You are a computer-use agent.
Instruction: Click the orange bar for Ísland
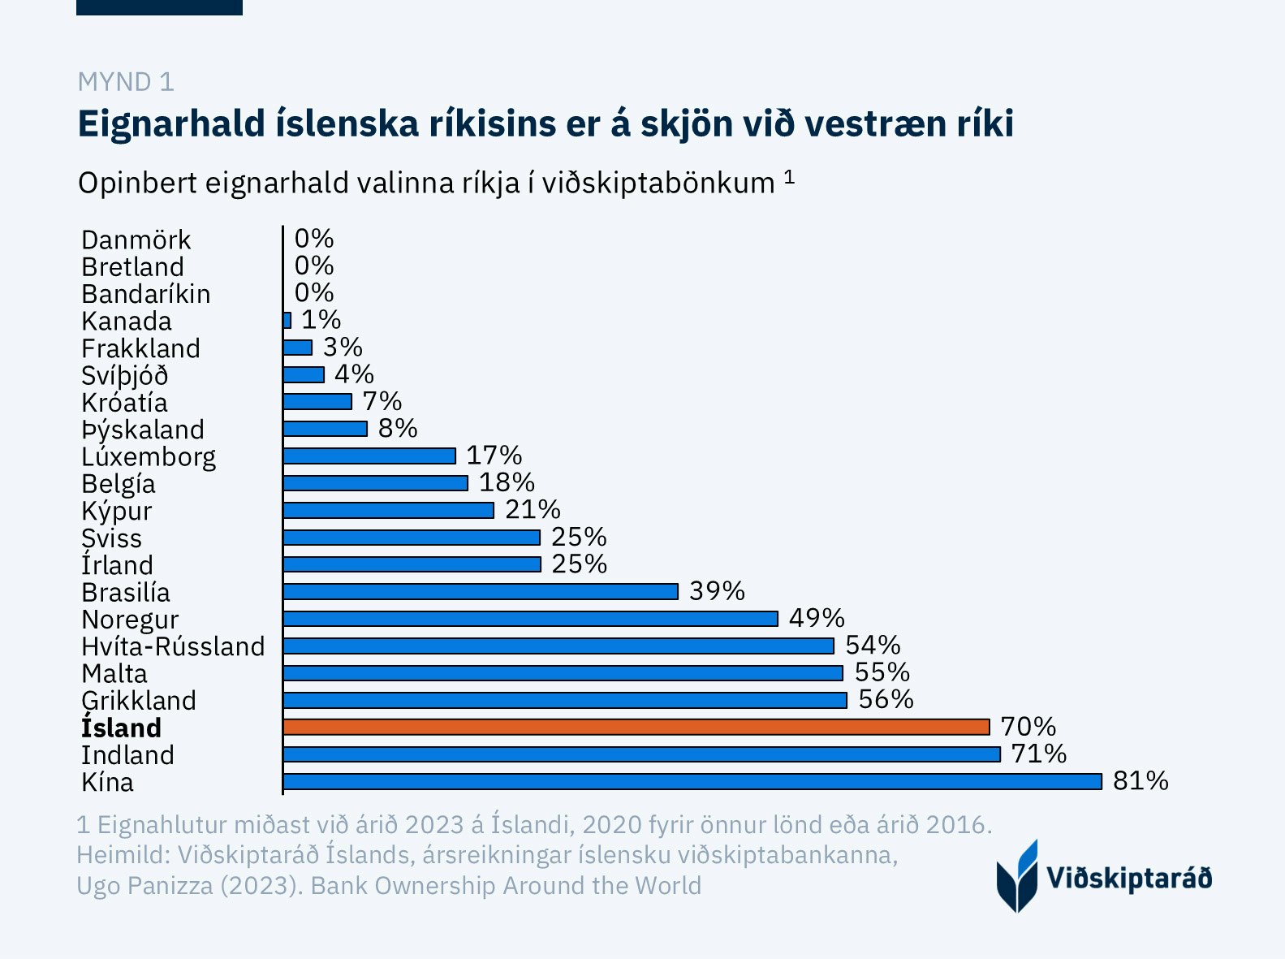(x=636, y=727)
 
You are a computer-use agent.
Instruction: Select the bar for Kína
(x=692, y=781)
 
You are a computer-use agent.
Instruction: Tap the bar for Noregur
(x=530, y=619)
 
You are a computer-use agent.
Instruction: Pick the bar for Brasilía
(x=481, y=591)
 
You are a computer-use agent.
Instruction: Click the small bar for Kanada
(x=287, y=321)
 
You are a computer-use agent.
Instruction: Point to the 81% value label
(x=1141, y=781)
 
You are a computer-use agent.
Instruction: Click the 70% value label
(x=1028, y=727)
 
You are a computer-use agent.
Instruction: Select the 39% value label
(x=717, y=591)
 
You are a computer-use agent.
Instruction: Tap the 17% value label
(x=494, y=456)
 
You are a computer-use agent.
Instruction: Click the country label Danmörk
(x=136, y=240)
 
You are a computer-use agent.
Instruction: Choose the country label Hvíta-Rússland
(x=173, y=646)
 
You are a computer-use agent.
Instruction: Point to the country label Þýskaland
(x=143, y=430)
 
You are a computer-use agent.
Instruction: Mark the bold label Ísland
(x=122, y=728)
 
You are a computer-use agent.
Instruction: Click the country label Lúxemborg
(x=149, y=457)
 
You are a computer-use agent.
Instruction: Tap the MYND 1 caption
(x=126, y=82)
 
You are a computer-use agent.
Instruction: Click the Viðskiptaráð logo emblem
(x=1017, y=877)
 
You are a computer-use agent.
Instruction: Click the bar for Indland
(x=641, y=754)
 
